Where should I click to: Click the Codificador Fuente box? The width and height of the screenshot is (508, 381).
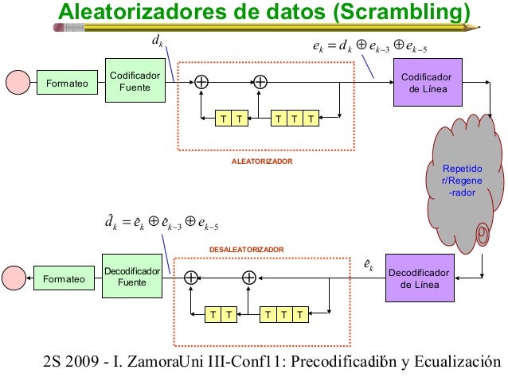[x=135, y=80]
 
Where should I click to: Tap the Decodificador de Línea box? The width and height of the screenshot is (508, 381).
[x=417, y=278]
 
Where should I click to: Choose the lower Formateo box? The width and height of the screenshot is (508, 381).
[x=63, y=279]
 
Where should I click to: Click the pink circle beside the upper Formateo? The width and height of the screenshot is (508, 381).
[x=17, y=82]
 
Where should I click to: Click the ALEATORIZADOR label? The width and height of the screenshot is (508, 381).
[x=262, y=161]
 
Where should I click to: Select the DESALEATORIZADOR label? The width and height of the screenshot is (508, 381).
[x=246, y=250]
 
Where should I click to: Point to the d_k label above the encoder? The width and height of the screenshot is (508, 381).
[x=157, y=40]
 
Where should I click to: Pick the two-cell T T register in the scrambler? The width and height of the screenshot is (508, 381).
[x=231, y=119]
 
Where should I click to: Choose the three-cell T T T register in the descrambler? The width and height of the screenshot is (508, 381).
[x=284, y=315]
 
